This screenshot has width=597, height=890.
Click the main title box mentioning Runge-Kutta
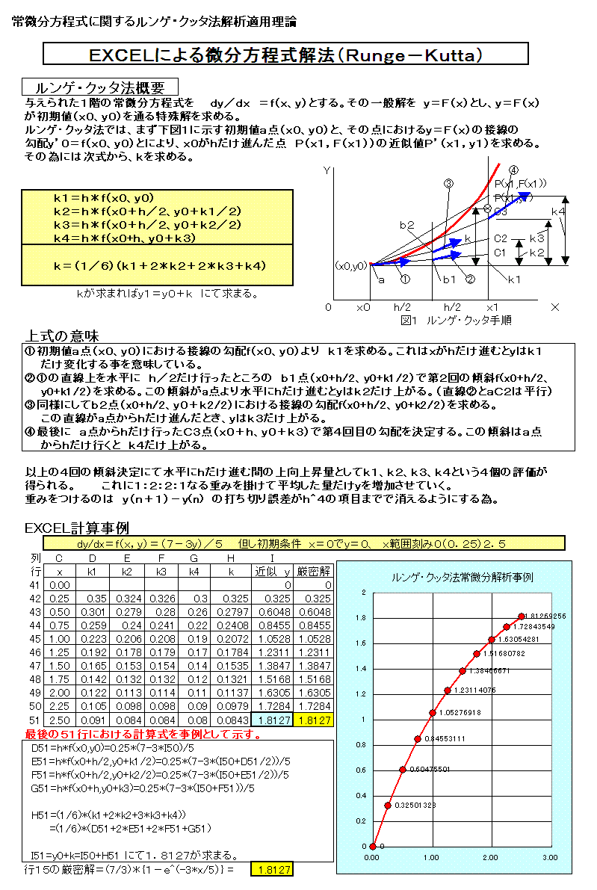pyautogui.click(x=285, y=55)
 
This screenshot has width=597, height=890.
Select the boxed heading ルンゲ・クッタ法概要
pyautogui.click(x=100, y=87)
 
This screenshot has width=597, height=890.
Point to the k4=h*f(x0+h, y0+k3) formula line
pyautogui.click(x=124, y=238)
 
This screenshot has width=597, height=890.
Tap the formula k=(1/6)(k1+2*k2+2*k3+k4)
pyautogui.click(x=160, y=265)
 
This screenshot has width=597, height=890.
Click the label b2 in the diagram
pyautogui.click(x=406, y=225)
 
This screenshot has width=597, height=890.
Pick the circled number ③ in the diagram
pyautogui.click(x=448, y=183)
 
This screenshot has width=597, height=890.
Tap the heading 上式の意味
pyautogui.click(x=63, y=336)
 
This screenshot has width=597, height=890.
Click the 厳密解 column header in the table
pyautogui.click(x=314, y=571)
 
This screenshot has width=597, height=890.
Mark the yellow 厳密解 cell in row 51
pyautogui.click(x=314, y=720)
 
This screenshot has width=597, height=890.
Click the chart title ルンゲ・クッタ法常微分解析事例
pyautogui.click(x=463, y=578)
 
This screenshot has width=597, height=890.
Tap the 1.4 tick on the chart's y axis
pyautogui.click(x=362, y=669)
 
